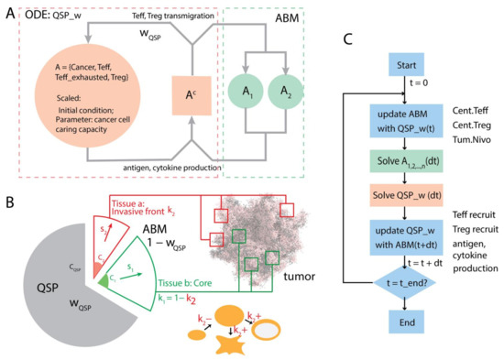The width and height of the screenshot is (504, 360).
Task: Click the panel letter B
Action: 9,202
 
